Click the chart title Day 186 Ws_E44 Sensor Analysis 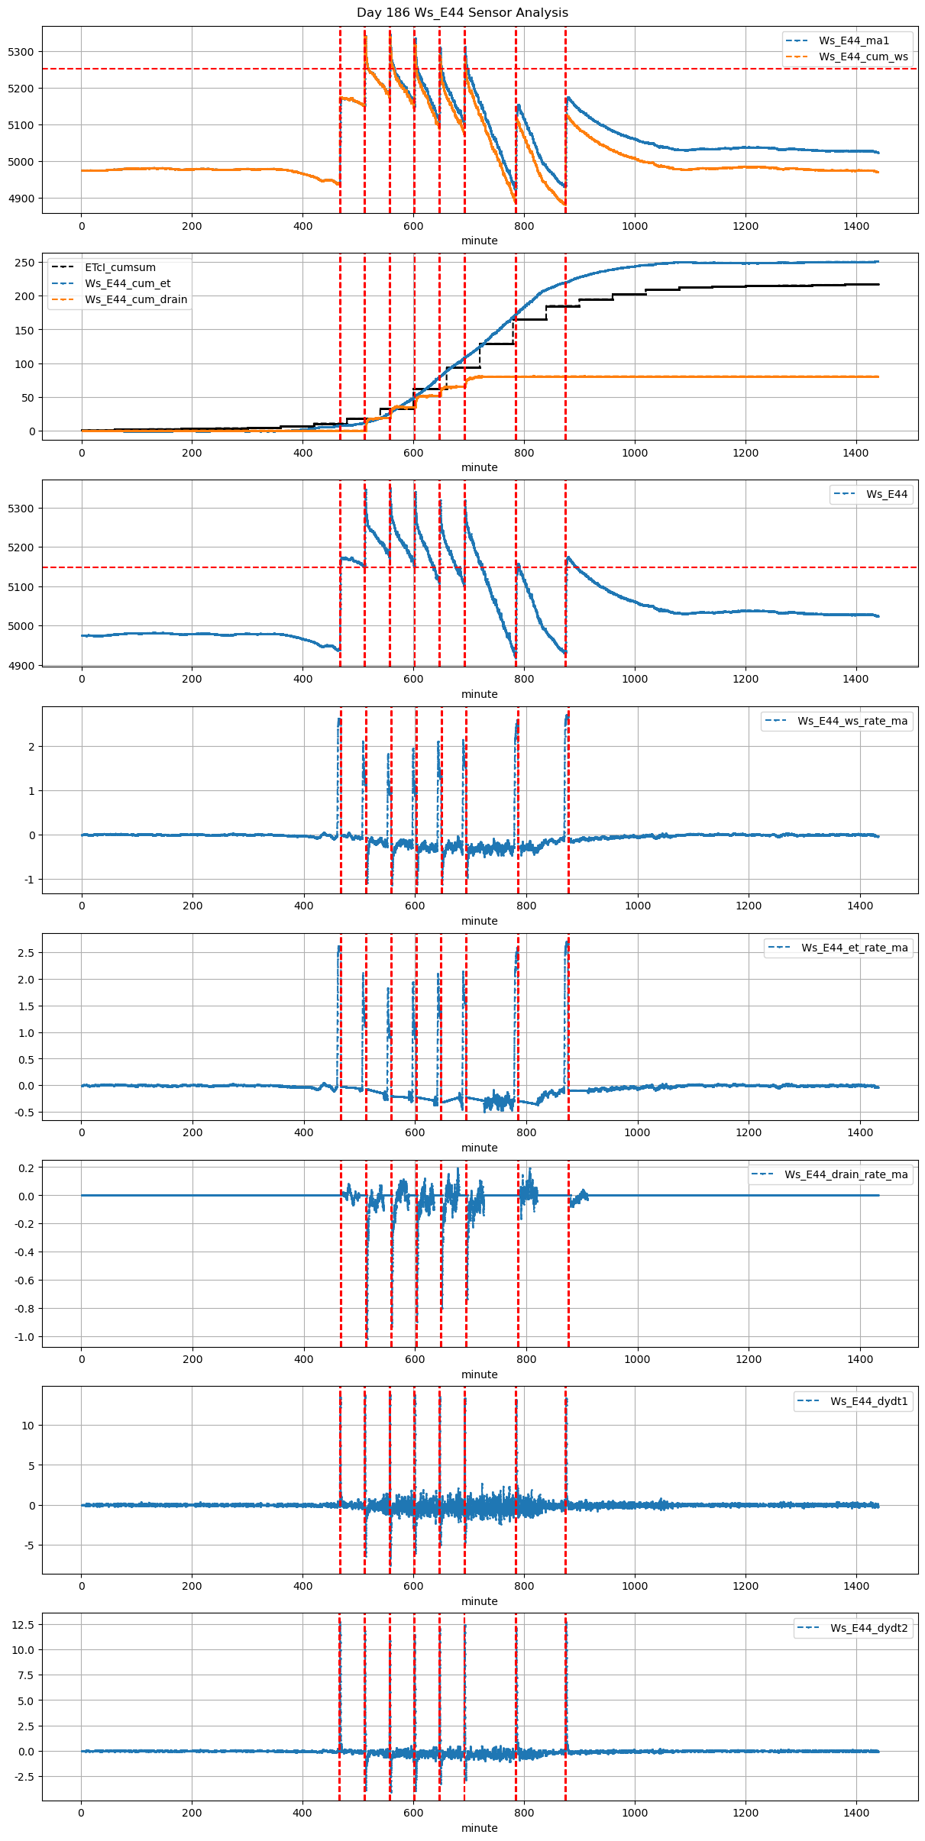click(462, 13)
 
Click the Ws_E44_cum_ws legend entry click(863, 57)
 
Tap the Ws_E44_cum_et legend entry click(128, 283)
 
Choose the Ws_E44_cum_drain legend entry click(136, 299)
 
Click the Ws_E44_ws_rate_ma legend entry click(852, 721)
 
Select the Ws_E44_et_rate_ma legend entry click(854, 948)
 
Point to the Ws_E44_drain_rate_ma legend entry click(846, 1174)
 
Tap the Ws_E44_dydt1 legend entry click(869, 1401)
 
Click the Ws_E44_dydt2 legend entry click(869, 1628)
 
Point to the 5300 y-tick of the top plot click(21, 52)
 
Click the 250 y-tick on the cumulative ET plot click(25, 263)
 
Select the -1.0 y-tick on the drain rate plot click(24, 1337)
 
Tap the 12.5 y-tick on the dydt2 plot click(22, 1624)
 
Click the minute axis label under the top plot click(479, 241)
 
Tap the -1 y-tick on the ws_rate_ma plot click(29, 880)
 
